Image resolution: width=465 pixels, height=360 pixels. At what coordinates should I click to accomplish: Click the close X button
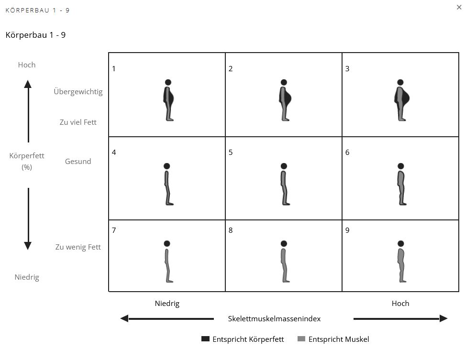tap(459, 7)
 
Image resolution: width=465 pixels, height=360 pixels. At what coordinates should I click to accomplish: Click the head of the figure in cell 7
tap(166, 243)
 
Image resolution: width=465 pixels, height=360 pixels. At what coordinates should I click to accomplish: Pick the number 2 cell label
tap(231, 68)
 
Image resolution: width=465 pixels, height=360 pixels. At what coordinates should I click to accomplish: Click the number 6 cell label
tap(347, 153)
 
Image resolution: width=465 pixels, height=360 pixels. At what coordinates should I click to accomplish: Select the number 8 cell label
tap(231, 230)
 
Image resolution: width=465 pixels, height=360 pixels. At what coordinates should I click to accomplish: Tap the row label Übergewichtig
tap(78, 91)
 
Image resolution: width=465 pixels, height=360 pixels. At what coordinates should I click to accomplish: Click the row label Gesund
tap(78, 162)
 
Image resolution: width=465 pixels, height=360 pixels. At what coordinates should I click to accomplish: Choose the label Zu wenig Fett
tap(78, 247)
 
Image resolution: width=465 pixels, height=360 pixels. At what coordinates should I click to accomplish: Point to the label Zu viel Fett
tap(78, 122)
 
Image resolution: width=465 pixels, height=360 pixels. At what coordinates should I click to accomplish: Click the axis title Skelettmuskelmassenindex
tap(274, 318)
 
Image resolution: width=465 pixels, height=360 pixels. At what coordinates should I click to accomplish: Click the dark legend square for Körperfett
tap(206, 339)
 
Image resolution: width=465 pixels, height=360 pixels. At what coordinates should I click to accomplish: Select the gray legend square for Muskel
tap(301, 339)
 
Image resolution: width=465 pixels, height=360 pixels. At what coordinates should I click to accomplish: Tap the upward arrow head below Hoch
tap(28, 84)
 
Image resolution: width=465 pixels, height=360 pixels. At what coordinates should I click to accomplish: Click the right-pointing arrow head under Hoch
tap(443, 318)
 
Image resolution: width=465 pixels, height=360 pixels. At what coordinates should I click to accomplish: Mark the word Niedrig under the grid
tap(167, 304)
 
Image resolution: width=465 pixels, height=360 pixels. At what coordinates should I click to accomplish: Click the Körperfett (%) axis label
tap(27, 161)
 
